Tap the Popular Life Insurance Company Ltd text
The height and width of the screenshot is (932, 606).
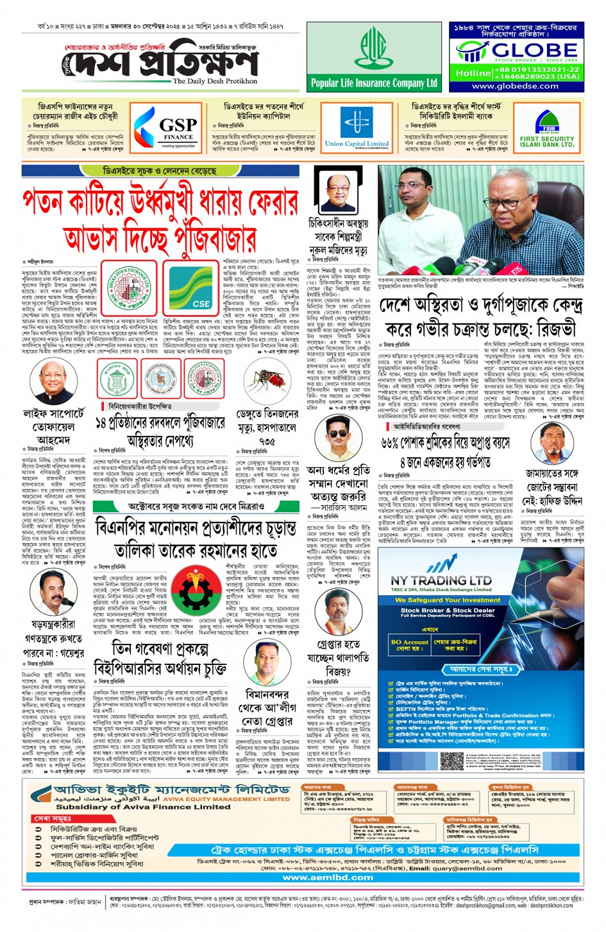[x=374, y=83]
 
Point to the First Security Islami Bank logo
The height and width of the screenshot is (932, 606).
[x=546, y=129]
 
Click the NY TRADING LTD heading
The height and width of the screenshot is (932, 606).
[x=441, y=580]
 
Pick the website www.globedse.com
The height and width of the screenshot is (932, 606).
[x=515, y=86]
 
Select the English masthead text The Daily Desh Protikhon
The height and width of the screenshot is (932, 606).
[x=215, y=82]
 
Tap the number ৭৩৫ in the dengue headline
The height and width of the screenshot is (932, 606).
[x=267, y=442]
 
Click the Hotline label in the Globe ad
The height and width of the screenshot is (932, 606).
[x=473, y=73]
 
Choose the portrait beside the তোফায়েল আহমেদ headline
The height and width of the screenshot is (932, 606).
[x=53, y=382]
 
